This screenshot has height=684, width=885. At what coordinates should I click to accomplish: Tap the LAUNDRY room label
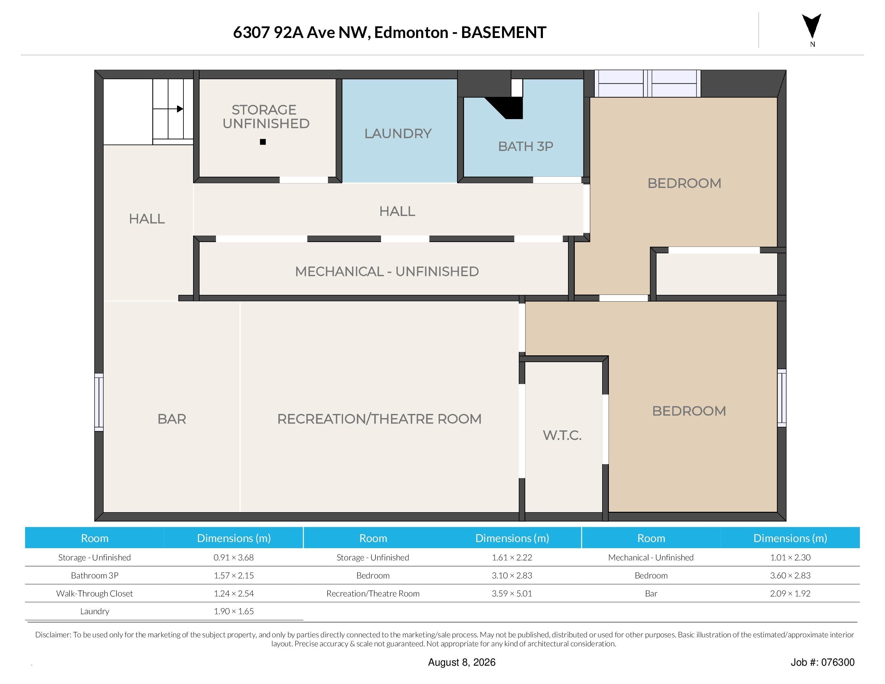[x=398, y=133]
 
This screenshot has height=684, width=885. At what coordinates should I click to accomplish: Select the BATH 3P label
[x=526, y=146]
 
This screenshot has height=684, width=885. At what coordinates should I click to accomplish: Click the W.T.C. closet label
[x=562, y=435]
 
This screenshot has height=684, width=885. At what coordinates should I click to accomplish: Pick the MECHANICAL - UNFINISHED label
[x=387, y=271]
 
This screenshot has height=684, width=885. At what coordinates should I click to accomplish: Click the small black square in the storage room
[x=263, y=142]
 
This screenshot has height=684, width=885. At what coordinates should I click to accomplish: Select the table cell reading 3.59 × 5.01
[x=512, y=593]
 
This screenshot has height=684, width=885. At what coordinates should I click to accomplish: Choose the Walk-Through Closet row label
[x=94, y=593]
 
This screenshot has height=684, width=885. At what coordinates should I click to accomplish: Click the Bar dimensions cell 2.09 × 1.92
[x=790, y=593]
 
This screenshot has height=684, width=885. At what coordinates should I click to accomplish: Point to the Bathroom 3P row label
[x=94, y=576]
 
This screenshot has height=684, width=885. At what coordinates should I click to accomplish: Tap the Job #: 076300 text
[x=823, y=662]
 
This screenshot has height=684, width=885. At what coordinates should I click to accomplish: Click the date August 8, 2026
[x=461, y=662]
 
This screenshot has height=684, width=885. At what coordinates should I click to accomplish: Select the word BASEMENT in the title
[x=504, y=33]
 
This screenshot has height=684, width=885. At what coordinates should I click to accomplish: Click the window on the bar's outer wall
[x=99, y=402]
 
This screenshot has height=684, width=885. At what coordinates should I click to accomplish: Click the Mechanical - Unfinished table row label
[x=651, y=557]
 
